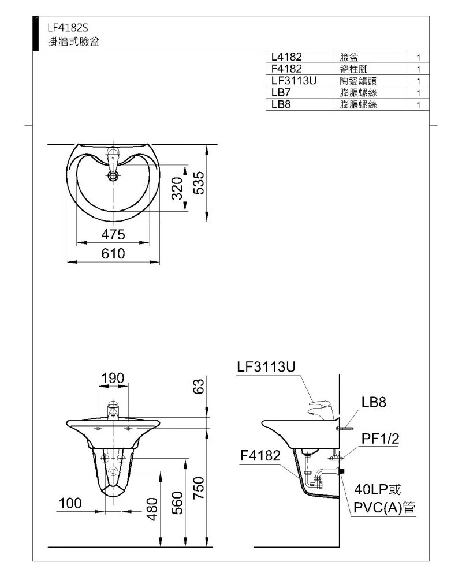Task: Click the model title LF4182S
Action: click(68, 28)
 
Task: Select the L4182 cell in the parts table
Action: click(286, 57)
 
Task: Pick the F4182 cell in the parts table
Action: click(286, 69)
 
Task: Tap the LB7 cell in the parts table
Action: click(281, 92)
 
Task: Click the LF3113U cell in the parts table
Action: click(293, 81)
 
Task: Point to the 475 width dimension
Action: click(113, 234)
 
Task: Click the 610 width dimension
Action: click(113, 253)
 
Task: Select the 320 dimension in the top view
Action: click(177, 188)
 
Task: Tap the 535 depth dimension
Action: click(199, 183)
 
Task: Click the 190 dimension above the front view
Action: click(113, 378)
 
